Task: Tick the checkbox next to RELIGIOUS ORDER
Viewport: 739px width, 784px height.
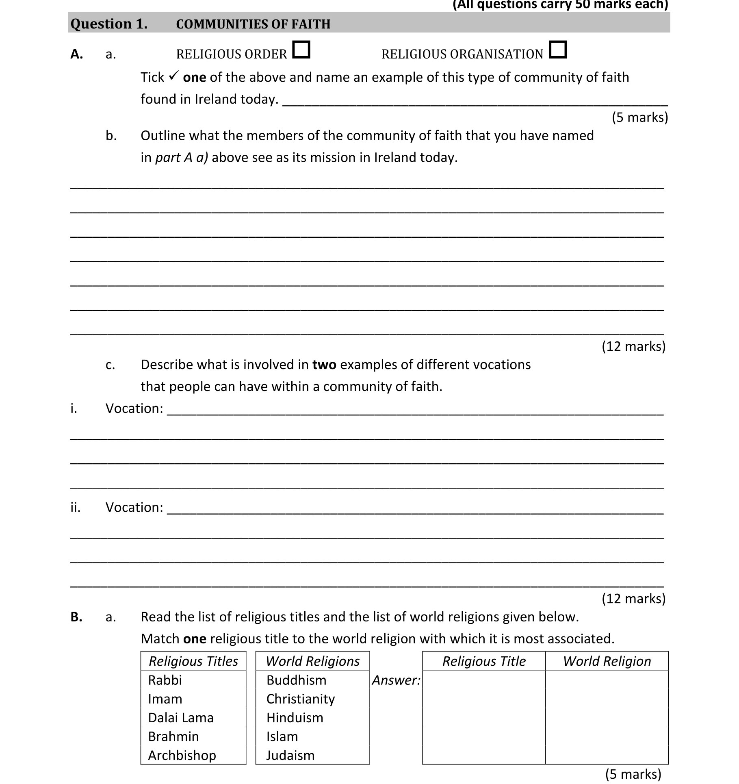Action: coord(301,50)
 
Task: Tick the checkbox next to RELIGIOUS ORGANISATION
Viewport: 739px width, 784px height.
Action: coord(557,50)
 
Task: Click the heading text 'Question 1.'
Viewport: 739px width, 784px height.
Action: coord(109,24)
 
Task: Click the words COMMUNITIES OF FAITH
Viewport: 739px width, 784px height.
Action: coord(253,24)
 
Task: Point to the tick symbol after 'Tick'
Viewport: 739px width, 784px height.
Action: coord(173,76)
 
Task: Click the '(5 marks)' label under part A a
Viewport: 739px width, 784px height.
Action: coord(639,117)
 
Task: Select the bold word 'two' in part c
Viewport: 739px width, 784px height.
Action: coord(324,365)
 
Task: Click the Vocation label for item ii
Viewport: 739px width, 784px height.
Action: coord(134,507)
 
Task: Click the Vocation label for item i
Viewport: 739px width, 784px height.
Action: coord(134,408)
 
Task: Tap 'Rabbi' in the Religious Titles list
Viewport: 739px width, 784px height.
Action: coord(165,680)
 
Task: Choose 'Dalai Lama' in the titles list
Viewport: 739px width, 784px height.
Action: coord(180,717)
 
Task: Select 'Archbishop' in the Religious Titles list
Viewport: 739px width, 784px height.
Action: coord(182,755)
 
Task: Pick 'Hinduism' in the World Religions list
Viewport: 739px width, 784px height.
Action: coord(295,717)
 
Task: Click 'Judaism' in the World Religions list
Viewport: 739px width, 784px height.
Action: coord(290,755)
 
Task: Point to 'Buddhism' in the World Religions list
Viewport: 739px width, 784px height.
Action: coord(296,680)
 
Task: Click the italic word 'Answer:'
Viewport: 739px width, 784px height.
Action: coord(396,680)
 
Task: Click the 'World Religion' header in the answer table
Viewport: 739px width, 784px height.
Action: coord(607,661)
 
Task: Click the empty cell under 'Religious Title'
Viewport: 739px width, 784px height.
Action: coord(483,717)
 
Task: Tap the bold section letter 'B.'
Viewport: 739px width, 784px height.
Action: coord(76,617)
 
